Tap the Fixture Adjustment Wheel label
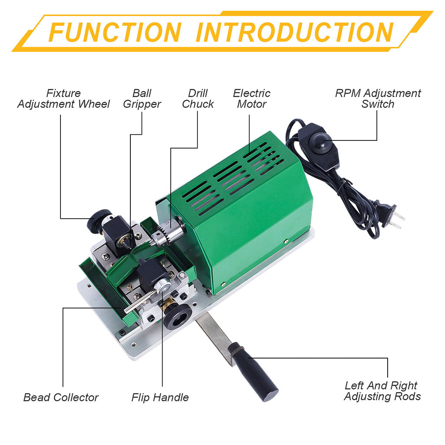(63, 99)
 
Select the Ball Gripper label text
(142, 99)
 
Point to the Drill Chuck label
(198, 99)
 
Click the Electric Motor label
(252, 99)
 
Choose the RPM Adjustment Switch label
(378, 99)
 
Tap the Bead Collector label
(61, 397)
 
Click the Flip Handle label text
(160, 397)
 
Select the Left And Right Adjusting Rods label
(382, 391)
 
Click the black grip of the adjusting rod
(254, 372)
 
